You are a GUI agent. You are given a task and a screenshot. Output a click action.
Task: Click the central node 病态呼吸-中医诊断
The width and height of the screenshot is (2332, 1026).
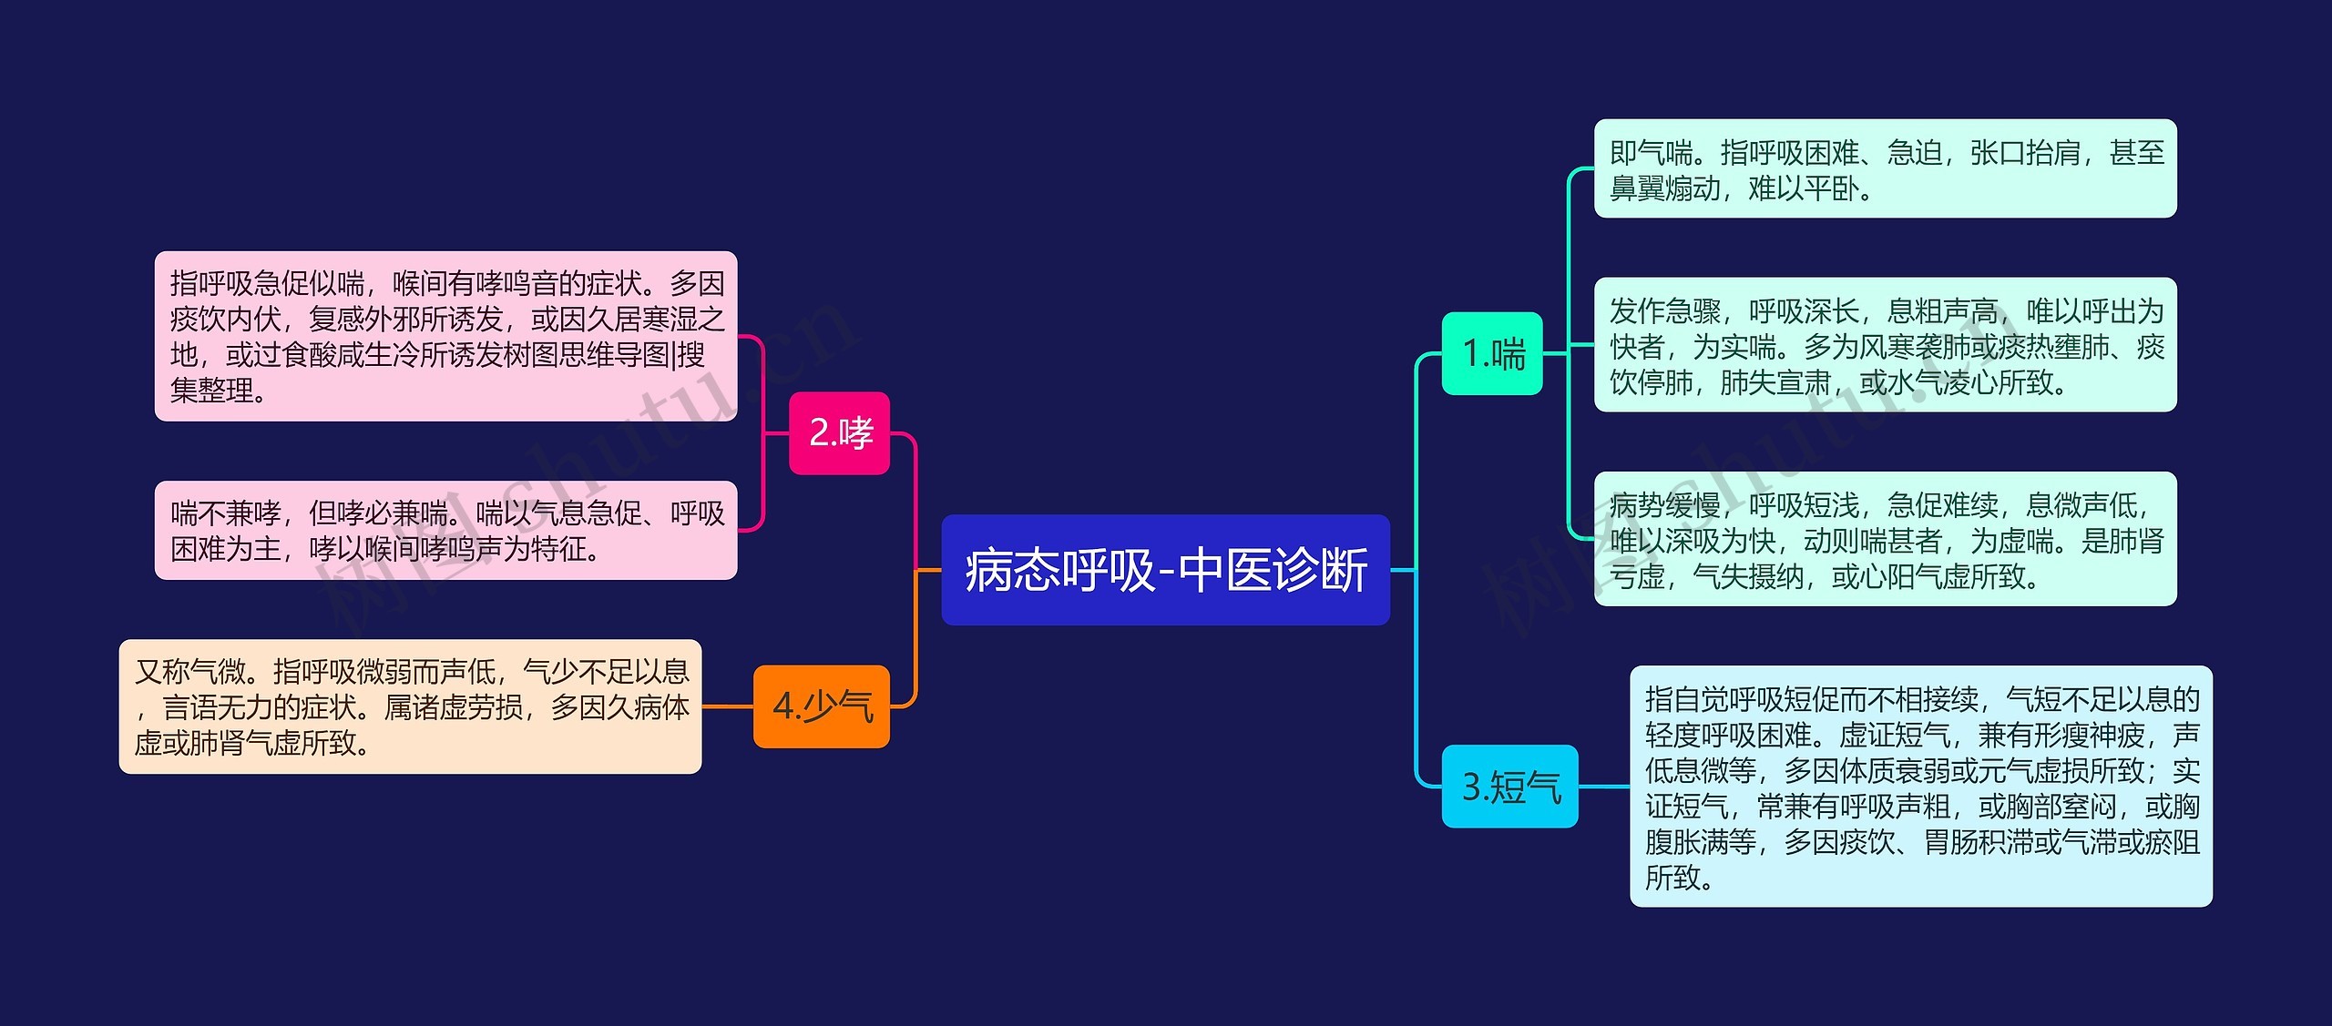[1165, 570]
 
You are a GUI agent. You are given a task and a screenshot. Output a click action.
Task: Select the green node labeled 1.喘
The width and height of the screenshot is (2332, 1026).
[1491, 353]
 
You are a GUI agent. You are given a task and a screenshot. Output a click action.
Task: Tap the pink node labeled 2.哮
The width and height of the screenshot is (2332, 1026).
[839, 433]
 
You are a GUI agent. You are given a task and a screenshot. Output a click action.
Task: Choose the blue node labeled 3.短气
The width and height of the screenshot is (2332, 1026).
[1509, 787]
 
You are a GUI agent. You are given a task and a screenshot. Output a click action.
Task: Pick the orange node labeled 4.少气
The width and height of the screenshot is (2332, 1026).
[821, 706]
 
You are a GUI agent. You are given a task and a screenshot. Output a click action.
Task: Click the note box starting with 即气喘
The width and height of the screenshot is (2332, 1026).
[1885, 168]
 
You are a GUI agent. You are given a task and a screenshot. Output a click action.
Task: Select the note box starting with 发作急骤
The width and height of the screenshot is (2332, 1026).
[1885, 345]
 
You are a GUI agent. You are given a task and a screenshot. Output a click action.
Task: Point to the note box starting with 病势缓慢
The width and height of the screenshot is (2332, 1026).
[1885, 539]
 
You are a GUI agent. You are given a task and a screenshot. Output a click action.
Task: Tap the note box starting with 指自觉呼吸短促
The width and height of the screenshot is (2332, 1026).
[1920, 787]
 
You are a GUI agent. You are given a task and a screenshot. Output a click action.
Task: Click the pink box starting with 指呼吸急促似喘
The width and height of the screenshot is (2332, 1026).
[445, 336]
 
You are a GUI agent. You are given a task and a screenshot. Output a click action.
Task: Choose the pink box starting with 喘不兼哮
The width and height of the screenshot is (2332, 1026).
[445, 530]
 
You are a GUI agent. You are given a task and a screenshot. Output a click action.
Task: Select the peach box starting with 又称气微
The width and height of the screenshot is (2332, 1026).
[410, 706]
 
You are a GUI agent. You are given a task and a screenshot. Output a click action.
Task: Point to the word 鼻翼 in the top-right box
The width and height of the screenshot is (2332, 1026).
[1637, 189]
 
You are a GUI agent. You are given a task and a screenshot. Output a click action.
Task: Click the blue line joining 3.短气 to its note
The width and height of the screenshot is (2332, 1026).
[1603, 787]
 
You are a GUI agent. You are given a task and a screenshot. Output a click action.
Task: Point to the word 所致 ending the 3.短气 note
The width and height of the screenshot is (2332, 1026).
[1672, 878]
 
